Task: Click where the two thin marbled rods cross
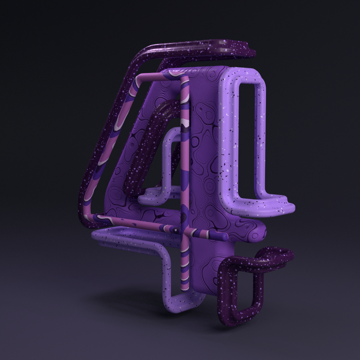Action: click(x=185, y=231)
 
